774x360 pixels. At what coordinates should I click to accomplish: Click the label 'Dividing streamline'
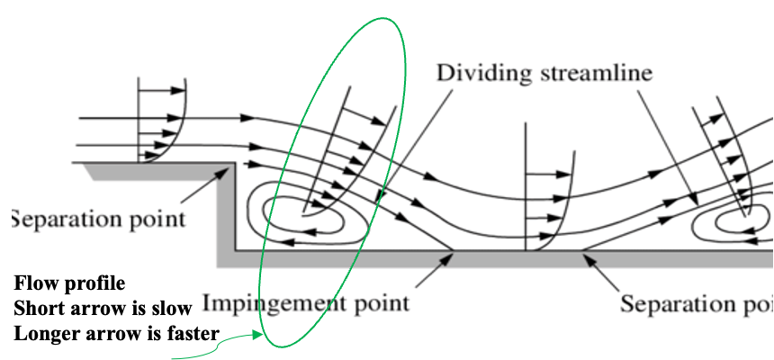[544, 72]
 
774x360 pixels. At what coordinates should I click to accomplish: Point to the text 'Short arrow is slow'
[103, 309]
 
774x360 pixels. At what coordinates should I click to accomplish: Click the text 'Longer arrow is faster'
[115, 334]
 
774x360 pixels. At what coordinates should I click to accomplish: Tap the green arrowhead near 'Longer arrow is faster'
[260, 337]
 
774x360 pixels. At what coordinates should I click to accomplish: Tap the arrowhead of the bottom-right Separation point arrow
[585, 257]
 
